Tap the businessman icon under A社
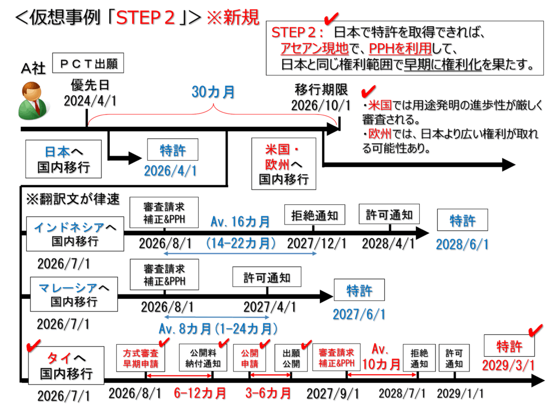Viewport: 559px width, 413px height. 33,101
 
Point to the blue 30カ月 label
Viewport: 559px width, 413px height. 213,92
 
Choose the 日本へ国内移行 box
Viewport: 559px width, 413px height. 64,158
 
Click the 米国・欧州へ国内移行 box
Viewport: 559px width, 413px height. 283,163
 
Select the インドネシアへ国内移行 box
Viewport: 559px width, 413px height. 75,232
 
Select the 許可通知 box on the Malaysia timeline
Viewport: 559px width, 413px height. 267,277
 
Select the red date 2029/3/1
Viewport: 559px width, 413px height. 508,364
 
